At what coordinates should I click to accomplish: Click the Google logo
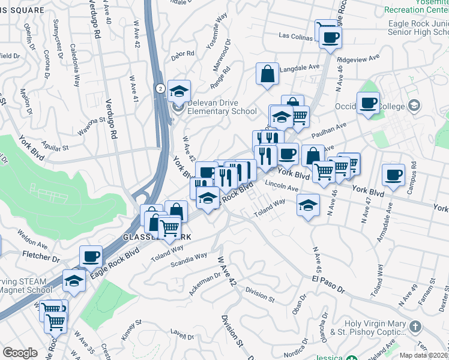click(x=20, y=353)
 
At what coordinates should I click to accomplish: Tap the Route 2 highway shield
click(x=160, y=88)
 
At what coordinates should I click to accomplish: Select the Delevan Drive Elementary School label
click(x=222, y=107)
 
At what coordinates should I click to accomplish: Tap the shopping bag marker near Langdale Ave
click(x=267, y=74)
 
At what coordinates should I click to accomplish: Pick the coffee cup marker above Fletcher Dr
click(x=91, y=256)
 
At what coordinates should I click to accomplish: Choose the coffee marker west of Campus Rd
click(x=393, y=175)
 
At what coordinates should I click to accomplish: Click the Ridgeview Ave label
click(x=359, y=59)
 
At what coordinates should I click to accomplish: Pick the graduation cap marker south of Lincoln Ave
click(x=308, y=205)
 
